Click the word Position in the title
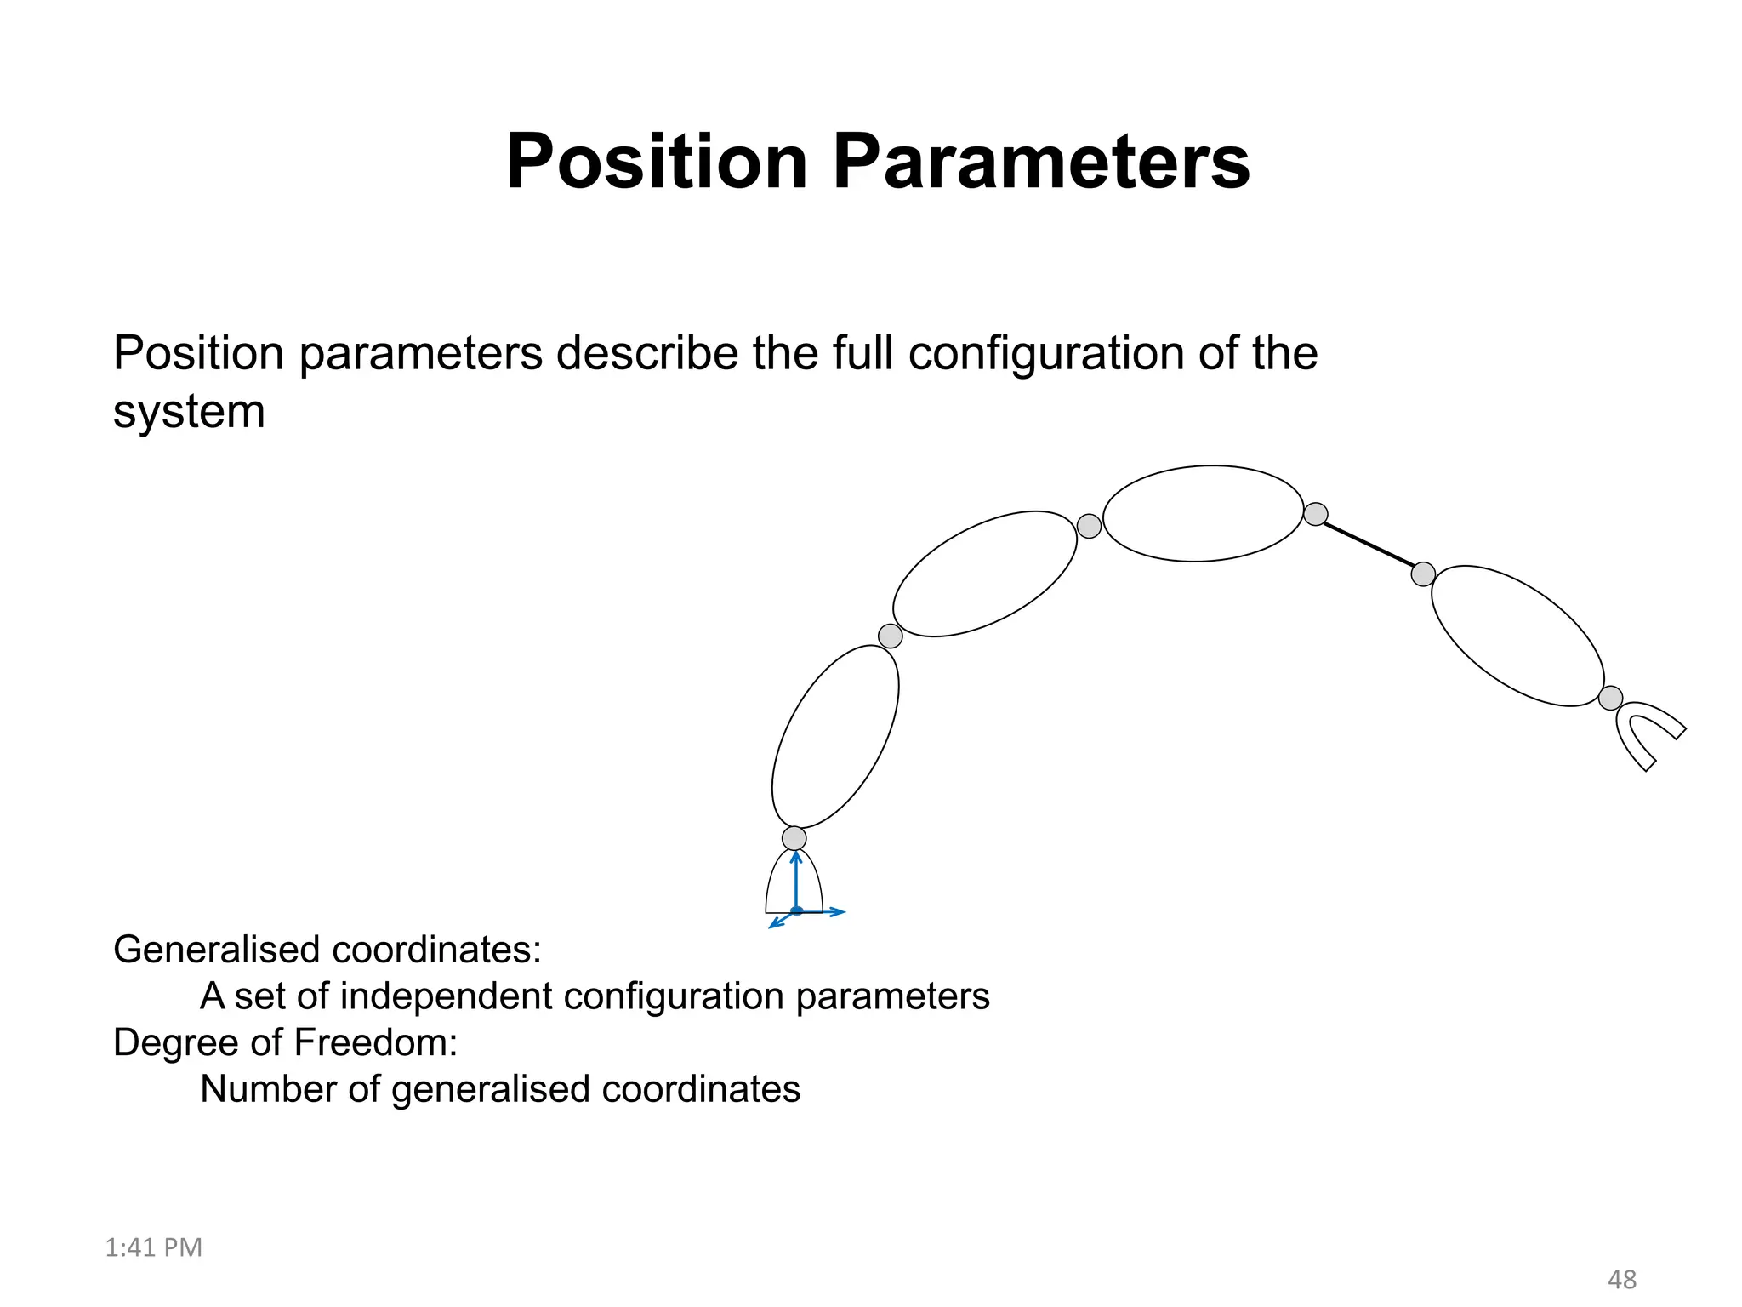656,162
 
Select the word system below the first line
189,412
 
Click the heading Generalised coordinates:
327,950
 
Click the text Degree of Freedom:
285,1043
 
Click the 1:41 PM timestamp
153,1247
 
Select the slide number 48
1621,1280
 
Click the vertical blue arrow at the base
796,881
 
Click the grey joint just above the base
794,838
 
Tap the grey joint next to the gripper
1610,699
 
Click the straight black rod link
1369,544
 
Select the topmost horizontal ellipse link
1203,513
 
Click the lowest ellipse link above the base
834,737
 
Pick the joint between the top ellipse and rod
1315,514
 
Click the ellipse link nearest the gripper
1517,636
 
